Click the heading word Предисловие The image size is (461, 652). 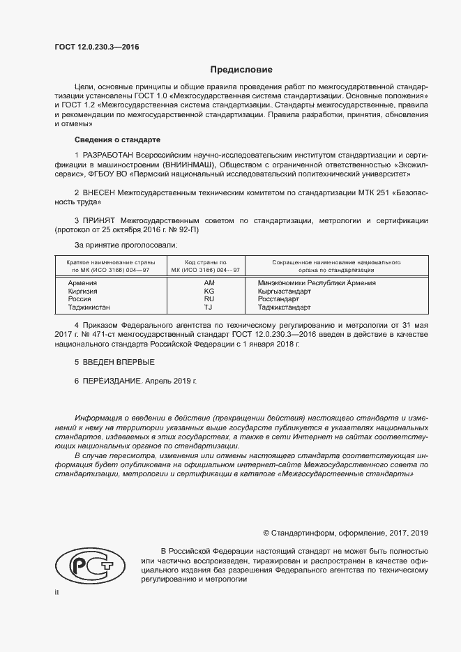[241, 70]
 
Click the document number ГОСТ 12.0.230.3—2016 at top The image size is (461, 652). [96, 47]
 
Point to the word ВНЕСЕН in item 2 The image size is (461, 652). [102, 192]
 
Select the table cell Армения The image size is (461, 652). [82, 282]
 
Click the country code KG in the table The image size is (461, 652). [209, 291]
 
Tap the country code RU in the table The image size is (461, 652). [209, 298]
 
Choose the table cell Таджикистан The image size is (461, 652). [89, 307]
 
